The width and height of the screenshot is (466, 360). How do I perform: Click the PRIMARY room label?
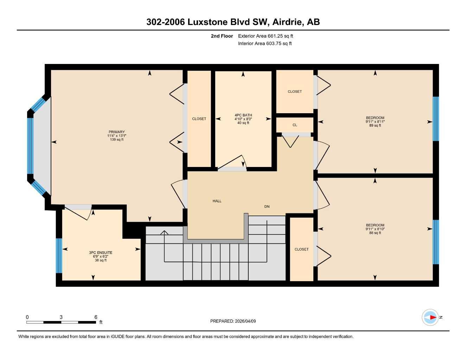[117, 132]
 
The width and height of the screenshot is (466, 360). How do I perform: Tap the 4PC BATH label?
[243, 115]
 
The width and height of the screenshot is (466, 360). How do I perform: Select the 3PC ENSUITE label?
[101, 253]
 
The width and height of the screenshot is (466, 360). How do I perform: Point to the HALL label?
[217, 201]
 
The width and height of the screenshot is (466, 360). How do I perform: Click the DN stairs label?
[267, 206]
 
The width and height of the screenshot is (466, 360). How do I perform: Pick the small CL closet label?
[295, 125]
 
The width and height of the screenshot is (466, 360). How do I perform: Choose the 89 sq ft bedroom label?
[375, 122]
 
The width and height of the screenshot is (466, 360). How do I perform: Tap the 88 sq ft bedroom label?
[375, 229]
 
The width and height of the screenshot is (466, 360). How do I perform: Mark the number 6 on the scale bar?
[96, 317]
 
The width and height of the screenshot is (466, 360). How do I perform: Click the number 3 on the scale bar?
[61, 317]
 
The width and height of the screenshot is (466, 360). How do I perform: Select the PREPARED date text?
[233, 321]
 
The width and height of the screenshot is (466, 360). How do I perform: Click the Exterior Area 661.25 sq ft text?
[266, 36]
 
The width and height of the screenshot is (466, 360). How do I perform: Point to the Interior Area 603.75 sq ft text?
[265, 43]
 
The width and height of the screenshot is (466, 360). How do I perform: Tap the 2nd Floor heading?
[222, 36]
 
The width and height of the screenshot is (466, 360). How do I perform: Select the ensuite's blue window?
[59, 256]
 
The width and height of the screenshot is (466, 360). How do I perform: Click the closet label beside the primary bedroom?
[199, 119]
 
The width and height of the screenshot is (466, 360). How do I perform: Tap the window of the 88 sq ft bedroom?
[436, 242]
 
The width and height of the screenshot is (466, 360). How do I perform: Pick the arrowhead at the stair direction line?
[164, 232]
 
